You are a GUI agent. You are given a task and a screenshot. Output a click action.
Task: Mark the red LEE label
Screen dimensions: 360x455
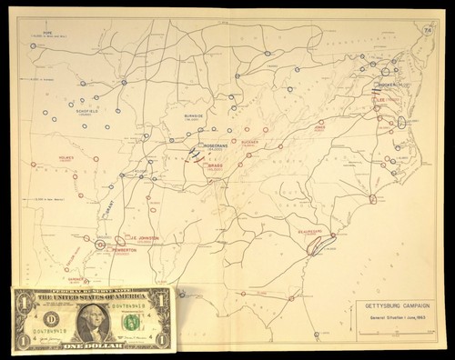(380, 98)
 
